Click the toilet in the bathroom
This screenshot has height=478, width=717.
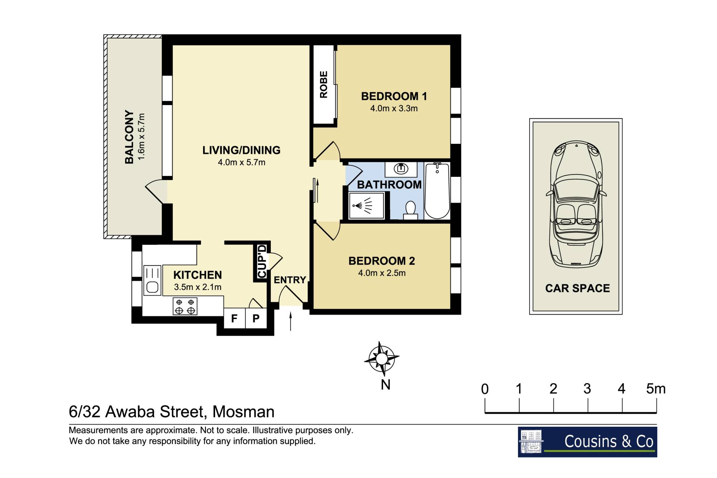pos(410,210)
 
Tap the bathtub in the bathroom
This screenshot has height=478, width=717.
pos(437,191)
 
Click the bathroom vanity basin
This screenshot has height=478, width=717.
pos(401,169)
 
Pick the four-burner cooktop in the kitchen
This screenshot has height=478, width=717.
pos(185,306)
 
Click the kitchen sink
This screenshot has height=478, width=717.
pos(152,280)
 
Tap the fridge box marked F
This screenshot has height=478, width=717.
pos(234,318)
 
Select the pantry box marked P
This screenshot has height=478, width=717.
pos(256,318)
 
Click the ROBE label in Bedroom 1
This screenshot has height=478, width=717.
pos(323,84)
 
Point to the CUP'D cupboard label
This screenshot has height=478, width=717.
pos(262,262)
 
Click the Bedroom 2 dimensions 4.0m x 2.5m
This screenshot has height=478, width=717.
pos(382,273)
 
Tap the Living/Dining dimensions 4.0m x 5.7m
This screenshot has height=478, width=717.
pos(242,163)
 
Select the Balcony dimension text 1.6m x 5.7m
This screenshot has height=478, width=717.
pos(142,137)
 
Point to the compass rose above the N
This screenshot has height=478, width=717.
pos(382,359)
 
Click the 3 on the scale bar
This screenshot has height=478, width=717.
pos(587,389)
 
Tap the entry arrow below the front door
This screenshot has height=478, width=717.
pos(291,322)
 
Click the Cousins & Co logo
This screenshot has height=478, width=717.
pos(587,442)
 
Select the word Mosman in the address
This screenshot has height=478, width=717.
pos(243,412)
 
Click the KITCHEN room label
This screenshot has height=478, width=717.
pos(198,275)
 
